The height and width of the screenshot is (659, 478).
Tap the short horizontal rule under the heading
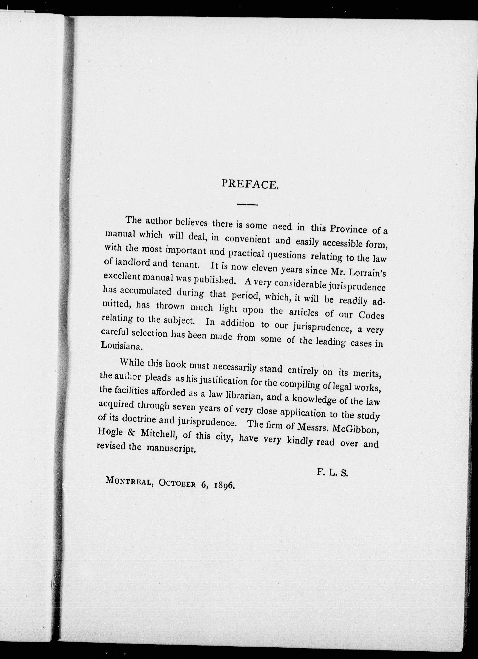[x=247, y=205]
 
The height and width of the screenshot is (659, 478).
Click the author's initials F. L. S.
[x=332, y=472]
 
